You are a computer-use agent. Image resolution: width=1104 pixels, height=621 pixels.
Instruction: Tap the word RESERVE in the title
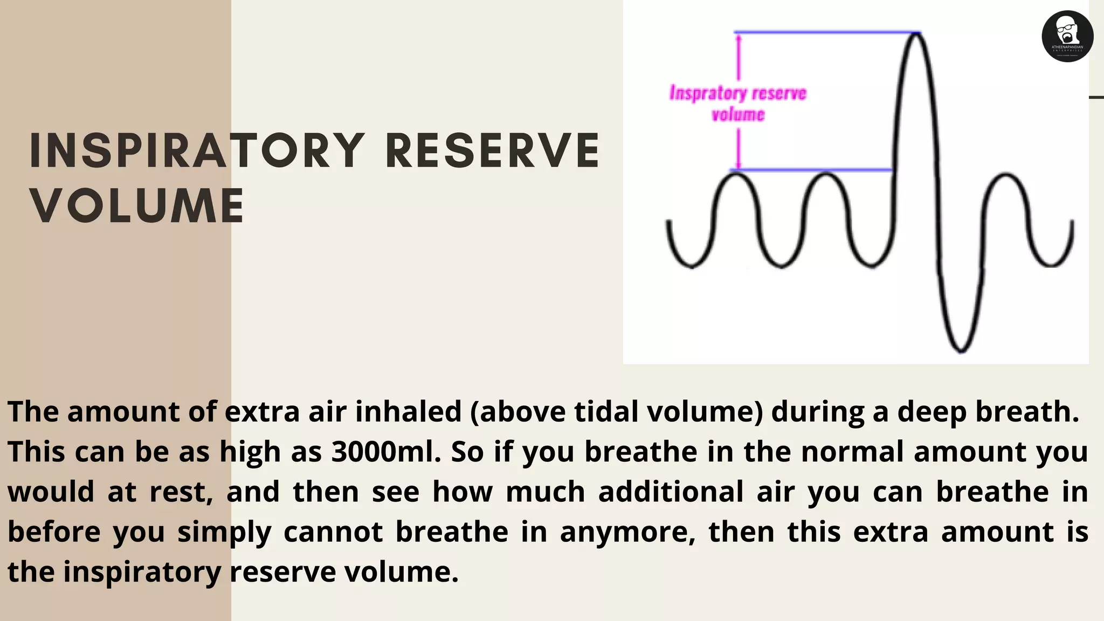[x=492, y=151]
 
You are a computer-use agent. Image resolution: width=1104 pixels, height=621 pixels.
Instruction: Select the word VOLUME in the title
[x=137, y=206]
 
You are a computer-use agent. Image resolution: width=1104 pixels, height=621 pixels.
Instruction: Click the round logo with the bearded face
[x=1067, y=36]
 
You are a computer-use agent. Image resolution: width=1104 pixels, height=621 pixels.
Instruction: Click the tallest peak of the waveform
[x=915, y=34]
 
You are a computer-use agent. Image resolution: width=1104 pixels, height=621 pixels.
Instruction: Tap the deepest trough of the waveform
[x=961, y=351]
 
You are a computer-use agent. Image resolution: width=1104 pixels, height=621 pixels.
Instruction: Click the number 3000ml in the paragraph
[x=386, y=452]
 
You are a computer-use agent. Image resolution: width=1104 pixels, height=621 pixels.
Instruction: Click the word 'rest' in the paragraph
[x=178, y=492]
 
